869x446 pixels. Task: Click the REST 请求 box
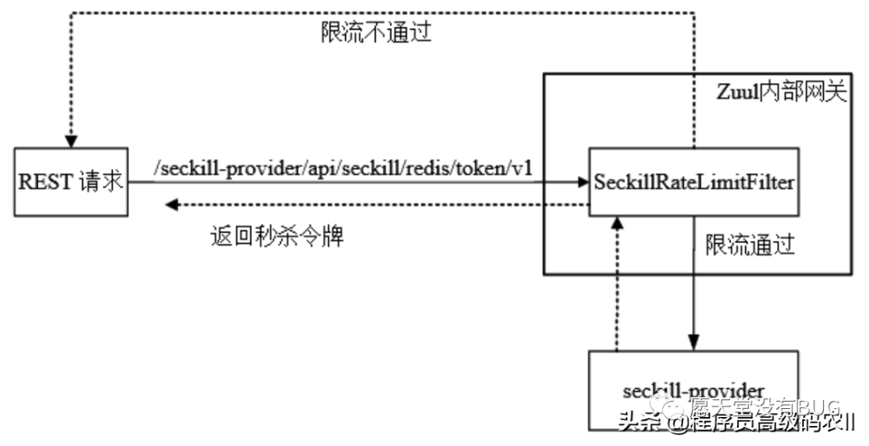pos(71,182)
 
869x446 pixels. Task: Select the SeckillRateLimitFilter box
pos(694,182)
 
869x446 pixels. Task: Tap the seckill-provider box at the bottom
pos(694,390)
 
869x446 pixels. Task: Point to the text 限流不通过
pos(376,32)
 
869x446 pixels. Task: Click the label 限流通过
pos(750,245)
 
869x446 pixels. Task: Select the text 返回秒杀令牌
pos(277,236)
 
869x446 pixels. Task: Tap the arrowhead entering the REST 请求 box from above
pos(71,140)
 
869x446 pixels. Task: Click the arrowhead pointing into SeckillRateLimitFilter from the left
pos(583,183)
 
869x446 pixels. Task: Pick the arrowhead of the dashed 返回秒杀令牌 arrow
pos(171,205)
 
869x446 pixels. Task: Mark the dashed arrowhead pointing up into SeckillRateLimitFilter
pos(616,223)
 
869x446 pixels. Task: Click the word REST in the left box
pos(46,182)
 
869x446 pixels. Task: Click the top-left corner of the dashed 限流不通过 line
pos(71,12)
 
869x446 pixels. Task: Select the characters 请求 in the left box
pos(101,182)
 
